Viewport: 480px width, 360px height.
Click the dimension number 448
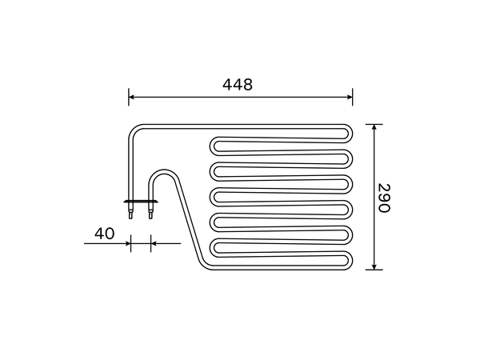click(238, 85)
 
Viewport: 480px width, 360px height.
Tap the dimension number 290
click(384, 198)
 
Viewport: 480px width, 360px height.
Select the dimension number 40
click(104, 234)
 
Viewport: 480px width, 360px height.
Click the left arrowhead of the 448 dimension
click(132, 97)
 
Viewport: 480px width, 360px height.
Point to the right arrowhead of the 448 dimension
click(350, 97)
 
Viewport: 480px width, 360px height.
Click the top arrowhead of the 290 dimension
click(374, 127)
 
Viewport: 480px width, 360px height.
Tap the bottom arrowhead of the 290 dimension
click(374, 266)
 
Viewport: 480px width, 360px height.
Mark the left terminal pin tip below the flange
click(130, 218)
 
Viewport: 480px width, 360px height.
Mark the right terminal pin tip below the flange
click(150, 218)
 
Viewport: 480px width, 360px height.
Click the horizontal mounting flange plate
click(141, 202)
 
